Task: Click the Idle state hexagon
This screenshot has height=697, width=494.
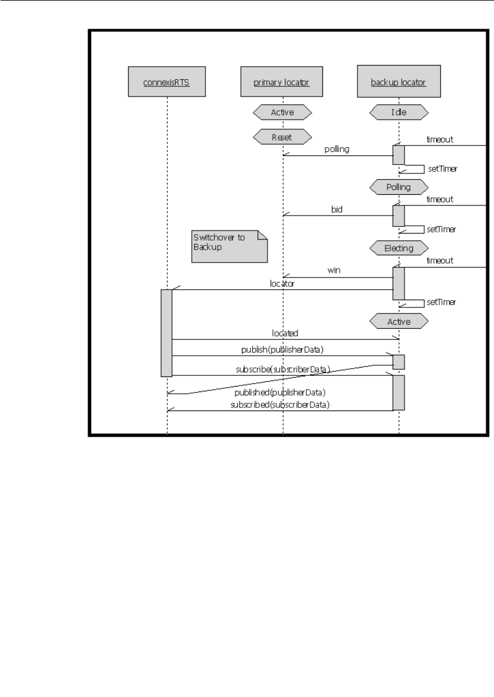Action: (399, 111)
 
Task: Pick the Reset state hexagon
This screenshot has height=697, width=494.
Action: (282, 137)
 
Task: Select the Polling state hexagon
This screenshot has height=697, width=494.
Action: (399, 187)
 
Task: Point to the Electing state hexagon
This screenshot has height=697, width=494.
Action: (399, 246)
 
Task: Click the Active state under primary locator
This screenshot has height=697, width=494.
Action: (282, 111)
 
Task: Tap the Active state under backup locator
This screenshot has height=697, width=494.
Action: (399, 321)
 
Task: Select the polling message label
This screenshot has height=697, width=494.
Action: (337, 150)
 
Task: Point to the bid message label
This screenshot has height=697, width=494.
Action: (338, 210)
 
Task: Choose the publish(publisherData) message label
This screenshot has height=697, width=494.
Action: (282, 350)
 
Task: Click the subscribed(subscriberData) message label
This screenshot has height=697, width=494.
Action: (281, 404)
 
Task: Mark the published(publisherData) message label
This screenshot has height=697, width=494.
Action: (281, 393)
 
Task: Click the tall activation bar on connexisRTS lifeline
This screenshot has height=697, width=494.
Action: (167, 332)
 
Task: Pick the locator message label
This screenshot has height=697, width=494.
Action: (282, 284)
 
